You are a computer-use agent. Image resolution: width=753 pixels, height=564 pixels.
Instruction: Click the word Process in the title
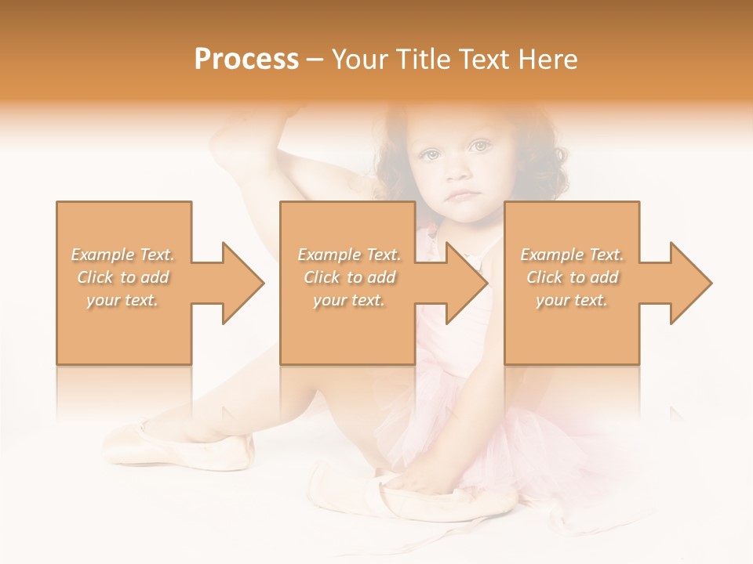pyautogui.click(x=246, y=60)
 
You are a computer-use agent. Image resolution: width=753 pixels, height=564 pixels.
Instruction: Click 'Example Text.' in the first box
pyautogui.click(x=123, y=255)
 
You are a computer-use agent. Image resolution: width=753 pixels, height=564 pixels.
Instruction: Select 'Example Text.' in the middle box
pyautogui.click(x=349, y=255)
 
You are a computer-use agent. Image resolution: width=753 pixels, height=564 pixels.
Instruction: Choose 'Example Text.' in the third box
pyautogui.click(x=572, y=255)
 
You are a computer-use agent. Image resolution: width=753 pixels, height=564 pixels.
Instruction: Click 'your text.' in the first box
pyautogui.click(x=123, y=300)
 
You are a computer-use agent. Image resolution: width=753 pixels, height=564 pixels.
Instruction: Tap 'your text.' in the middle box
pyautogui.click(x=349, y=300)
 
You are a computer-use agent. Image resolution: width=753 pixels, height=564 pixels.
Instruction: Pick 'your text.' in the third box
pyautogui.click(x=572, y=300)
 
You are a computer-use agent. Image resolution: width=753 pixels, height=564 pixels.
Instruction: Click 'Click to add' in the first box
pyautogui.click(x=123, y=277)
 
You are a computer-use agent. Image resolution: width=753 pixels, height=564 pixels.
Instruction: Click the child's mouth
pyautogui.click(x=463, y=194)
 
